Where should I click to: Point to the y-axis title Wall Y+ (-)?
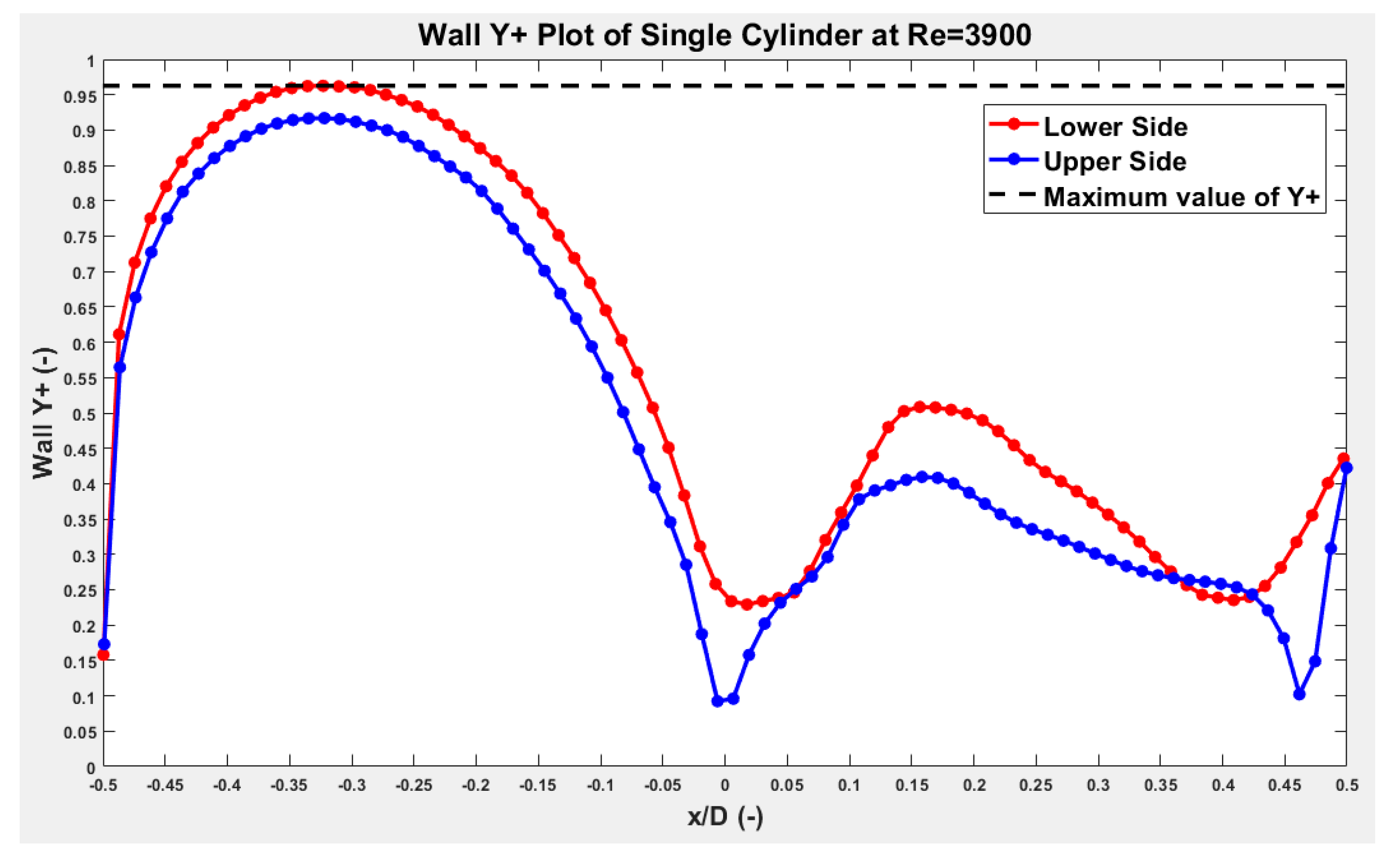(x=43, y=413)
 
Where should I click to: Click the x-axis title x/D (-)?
(x=725, y=816)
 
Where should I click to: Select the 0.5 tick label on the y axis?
(x=84, y=415)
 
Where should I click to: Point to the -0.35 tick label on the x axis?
(x=289, y=785)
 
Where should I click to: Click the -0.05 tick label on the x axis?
(x=662, y=785)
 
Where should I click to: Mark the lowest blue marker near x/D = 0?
(x=718, y=701)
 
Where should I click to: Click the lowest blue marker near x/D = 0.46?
(x=1299, y=694)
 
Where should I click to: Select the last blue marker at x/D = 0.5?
(x=1346, y=468)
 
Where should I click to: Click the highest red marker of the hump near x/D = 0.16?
(x=920, y=407)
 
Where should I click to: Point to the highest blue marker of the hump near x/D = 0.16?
(x=922, y=477)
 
